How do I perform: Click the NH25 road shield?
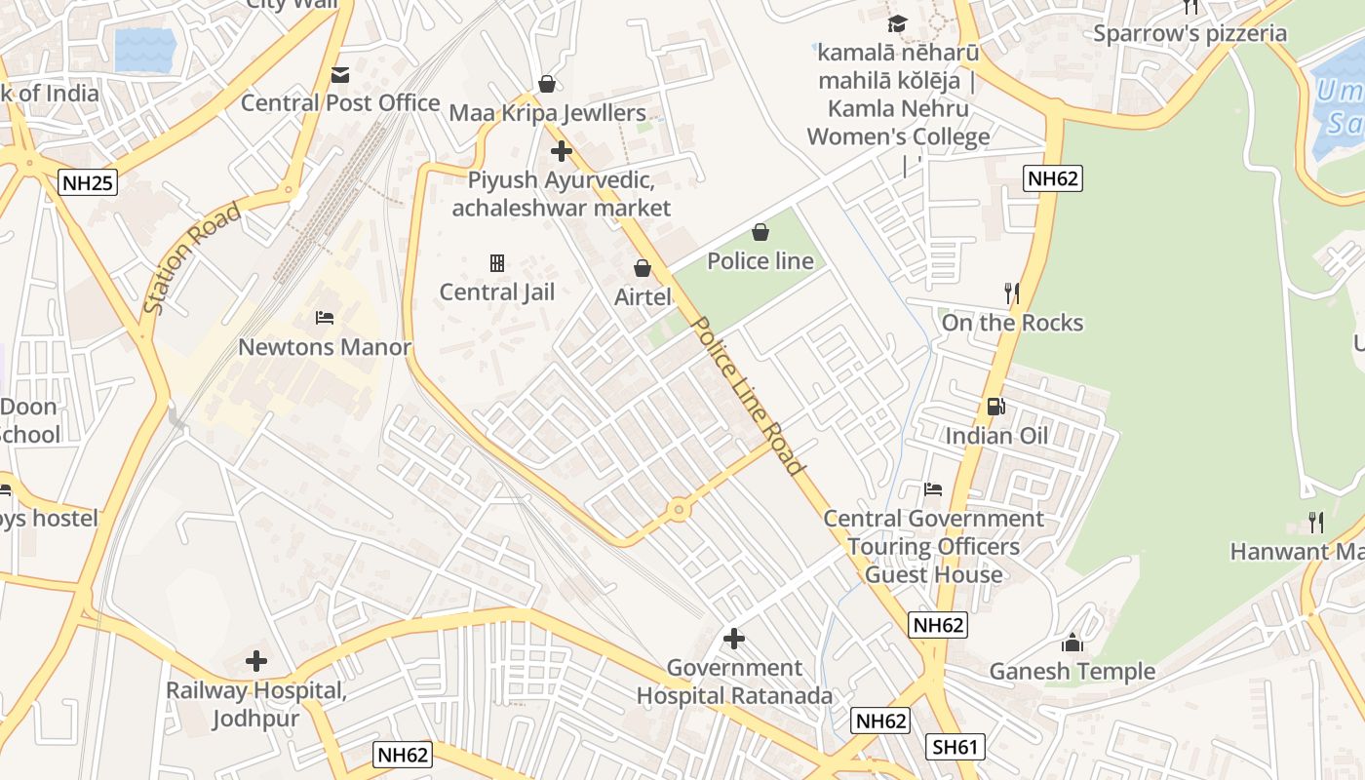click(x=88, y=181)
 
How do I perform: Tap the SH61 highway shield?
click(x=955, y=747)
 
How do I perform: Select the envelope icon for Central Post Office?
click(x=340, y=74)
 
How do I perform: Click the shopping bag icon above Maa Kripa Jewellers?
click(x=547, y=84)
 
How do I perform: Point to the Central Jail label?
click(x=496, y=292)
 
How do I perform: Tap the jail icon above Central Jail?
click(x=497, y=262)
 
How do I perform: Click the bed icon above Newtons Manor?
click(x=325, y=318)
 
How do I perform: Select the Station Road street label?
click(x=191, y=258)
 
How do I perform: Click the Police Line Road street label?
click(x=749, y=395)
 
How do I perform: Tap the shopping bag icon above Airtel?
click(x=643, y=267)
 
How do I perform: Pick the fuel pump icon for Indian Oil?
click(x=995, y=407)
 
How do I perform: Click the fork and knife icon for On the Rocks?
click(x=1012, y=292)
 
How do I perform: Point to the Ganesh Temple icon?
click(x=1072, y=643)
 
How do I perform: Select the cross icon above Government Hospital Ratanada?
click(x=734, y=639)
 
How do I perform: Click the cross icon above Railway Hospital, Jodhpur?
click(x=256, y=661)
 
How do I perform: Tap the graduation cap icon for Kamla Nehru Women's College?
click(x=897, y=23)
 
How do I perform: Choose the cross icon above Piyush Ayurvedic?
click(x=562, y=151)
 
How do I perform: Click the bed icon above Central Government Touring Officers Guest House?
click(x=933, y=488)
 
